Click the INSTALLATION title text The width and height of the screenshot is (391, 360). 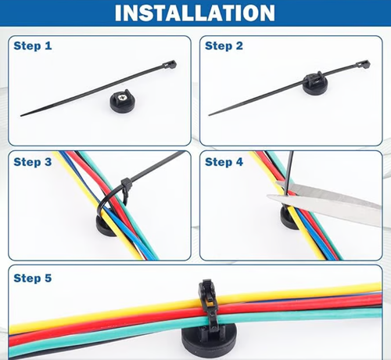[x=195, y=13]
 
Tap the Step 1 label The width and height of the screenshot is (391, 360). [x=33, y=45]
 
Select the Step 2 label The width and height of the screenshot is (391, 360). [x=224, y=45]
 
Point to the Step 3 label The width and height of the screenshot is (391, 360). [x=33, y=162]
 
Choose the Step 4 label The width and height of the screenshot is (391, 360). [x=224, y=162]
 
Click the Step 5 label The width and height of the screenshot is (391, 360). [x=33, y=278]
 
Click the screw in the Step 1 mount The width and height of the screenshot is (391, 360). [x=121, y=98]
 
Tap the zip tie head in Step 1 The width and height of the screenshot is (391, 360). [x=170, y=64]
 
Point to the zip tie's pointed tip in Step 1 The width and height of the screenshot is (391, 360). [x=21, y=116]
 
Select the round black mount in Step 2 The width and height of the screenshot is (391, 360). [x=313, y=83]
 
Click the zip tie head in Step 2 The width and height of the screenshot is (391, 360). [x=363, y=64]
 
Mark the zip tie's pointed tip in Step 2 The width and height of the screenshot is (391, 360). [x=209, y=115]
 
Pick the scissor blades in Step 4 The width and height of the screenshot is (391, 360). [x=326, y=200]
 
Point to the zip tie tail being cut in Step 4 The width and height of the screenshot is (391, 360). [x=289, y=172]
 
